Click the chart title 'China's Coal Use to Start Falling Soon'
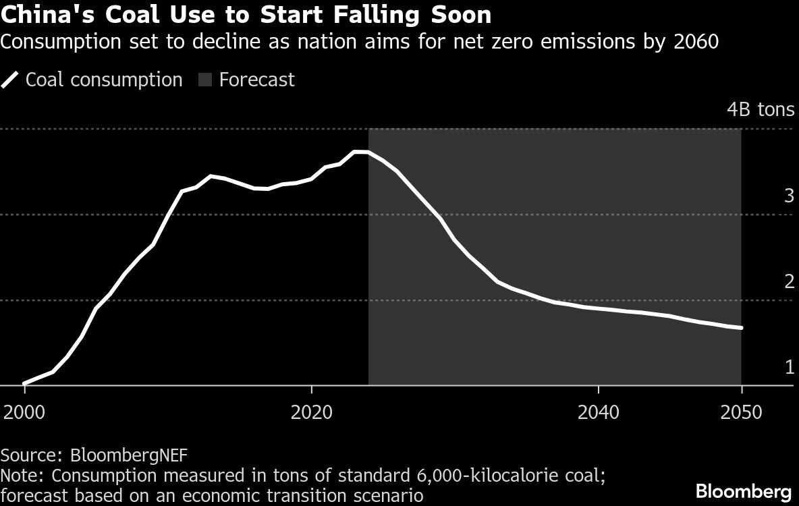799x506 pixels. click(246, 15)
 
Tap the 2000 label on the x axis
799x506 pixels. click(24, 412)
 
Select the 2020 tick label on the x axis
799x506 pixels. click(311, 412)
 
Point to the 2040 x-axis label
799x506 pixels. click(599, 412)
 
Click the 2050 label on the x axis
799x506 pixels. click(742, 412)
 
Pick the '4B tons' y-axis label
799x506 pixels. click(760, 110)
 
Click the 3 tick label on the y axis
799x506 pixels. click(789, 196)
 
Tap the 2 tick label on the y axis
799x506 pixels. click(789, 282)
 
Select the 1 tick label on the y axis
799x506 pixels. click(789, 368)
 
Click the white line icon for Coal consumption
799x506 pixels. click(10, 80)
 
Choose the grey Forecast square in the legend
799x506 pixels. click(205, 80)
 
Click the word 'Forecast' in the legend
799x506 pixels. click(257, 80)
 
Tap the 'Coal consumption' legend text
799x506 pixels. click(104, 80)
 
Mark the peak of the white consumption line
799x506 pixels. click(361, 152)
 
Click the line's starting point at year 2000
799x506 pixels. click(24, 384)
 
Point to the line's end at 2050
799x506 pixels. click(742, 328)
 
